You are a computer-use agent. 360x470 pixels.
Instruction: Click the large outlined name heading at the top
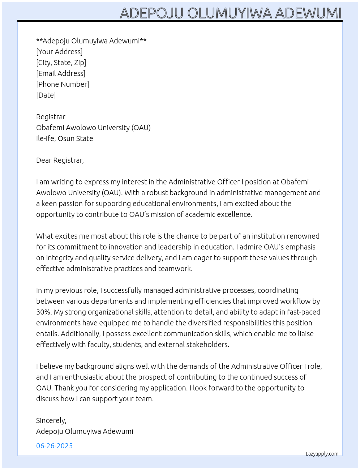click(x=231, y=13)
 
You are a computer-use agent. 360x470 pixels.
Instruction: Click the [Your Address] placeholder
click(x=59, y=52)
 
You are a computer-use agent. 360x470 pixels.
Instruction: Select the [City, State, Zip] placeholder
click(x=61, y=63)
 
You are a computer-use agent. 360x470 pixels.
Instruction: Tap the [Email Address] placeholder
click(x=61, y=73)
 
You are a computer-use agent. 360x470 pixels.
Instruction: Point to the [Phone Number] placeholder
click(x=63, y=84)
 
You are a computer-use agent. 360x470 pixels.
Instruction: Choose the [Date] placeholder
click(x=46, y=95)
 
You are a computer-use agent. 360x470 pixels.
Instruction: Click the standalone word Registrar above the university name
click(x=51, y=117)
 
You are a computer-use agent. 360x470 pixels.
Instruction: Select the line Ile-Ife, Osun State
click(x=64, y=138)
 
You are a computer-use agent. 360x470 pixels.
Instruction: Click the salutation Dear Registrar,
click(x=60, y=160)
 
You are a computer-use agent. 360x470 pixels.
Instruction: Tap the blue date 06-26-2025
click(x=54, y=446)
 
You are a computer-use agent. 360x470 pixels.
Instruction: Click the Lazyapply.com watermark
click(x=322, y=454)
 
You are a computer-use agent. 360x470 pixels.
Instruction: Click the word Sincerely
click(x=51, y=420)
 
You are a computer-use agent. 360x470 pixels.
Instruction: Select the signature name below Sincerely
click(x=85, y=431)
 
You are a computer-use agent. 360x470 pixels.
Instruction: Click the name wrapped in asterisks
click(x=91, y=41)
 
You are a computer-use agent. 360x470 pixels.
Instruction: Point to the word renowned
click(x=304, y=236)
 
